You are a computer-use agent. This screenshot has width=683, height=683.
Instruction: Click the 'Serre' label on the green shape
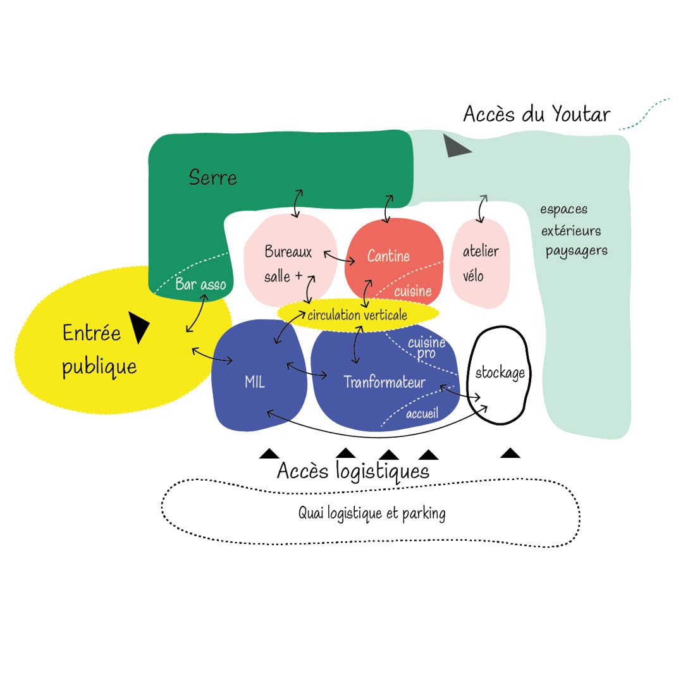(x=213, y=177)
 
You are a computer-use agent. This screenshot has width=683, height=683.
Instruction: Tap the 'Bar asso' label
(x=200, y=285)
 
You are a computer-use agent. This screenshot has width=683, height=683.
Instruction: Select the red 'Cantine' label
(x=388, y=256)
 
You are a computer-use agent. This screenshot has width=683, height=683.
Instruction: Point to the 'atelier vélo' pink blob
(x=480, y=263)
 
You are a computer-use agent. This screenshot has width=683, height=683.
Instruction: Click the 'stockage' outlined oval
(x=500, y=373)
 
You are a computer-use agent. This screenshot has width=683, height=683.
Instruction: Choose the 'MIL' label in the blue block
(x=254, y=383)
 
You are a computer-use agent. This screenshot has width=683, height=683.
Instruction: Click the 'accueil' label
(x=422, y=414)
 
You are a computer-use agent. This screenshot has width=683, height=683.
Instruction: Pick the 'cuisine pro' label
(x=426, y=348)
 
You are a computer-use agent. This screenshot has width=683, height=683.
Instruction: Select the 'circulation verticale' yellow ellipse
(x=357, y=314)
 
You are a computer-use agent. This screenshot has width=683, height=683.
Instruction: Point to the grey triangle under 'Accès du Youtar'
(x=455, y=146)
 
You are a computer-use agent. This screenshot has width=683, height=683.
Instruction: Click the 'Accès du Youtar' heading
(x=536, y=114)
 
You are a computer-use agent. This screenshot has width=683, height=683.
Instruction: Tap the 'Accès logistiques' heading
(x=353, y=471)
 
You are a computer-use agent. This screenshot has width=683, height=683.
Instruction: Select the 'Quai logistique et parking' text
(x=371, y=513)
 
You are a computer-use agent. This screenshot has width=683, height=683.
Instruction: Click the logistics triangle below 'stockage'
(x=510, y=453)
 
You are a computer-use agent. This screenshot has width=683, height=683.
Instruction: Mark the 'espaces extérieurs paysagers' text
(x=573, y=230)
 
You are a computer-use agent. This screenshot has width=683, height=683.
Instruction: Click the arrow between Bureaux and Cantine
(x=339, y=257)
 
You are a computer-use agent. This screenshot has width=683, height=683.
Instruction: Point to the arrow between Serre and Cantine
(x=389, y=208)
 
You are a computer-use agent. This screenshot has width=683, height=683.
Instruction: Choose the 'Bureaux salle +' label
(x=288, y=264)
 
